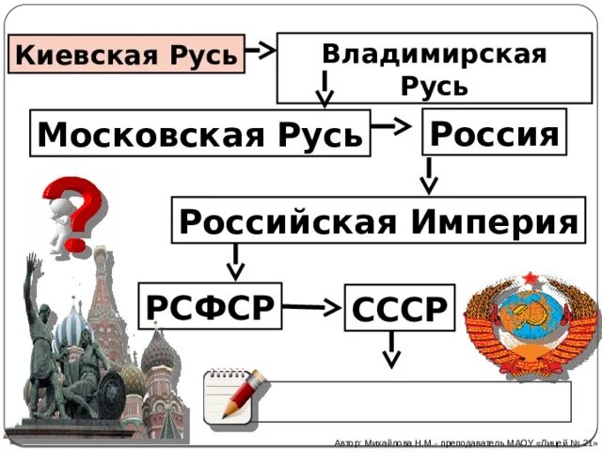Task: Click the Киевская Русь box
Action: click(x=126, y=56)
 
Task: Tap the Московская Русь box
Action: click(x=199, y=136)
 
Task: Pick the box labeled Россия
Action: click(x=495, y=133)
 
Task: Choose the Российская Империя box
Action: click(x=376, y=222)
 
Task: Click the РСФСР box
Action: click(x=210, y=305)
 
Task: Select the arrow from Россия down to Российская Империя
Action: click(x=429, y=175)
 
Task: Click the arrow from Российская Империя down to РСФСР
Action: click(x=234, y=261)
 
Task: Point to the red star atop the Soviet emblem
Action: click(x=531, y=278)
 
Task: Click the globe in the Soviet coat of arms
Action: click(x=531, y=325)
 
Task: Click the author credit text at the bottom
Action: click(x=465, y=443)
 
